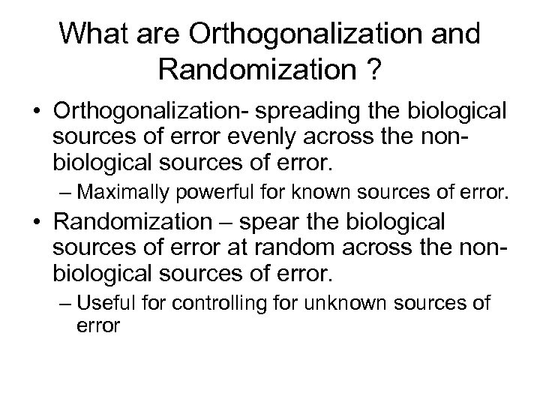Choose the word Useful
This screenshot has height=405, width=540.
pyautogui.click(x=112, y=304)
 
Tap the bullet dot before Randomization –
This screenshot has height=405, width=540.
pyautogui.click(x=37, y=223)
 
